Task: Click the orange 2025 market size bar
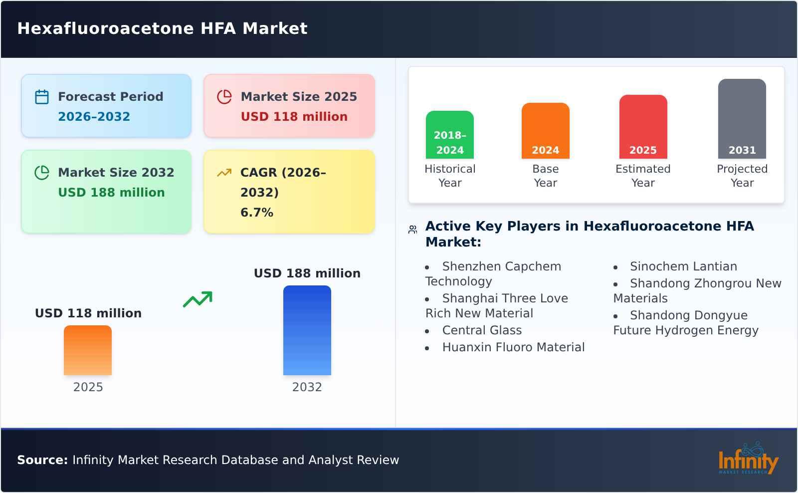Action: (x=88, y=350)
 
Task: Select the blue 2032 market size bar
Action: (x=307, y=330)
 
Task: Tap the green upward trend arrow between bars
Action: (x=198, y=299)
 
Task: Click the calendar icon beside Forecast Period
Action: (x=42, y=97)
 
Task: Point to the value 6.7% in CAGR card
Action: (x=256, y=213)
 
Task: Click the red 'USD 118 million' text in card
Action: (x=294, y=117)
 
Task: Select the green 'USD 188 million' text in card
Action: (x=111, y=193)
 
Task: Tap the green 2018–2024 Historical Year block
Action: (x=449, y=135)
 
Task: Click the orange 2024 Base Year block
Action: (x=545, y=131)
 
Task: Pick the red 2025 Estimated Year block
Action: (x=643, y=127)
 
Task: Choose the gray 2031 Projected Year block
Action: (x=742, y=119)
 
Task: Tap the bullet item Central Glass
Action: (x=482, y=330)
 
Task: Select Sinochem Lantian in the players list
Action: (x=683, y=266)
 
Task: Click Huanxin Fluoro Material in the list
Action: (x=513, y=347)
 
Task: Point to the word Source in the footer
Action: (x=42, y=460)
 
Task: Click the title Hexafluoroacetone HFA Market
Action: (x=162, y=28)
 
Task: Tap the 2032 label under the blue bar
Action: (x=307, y=387)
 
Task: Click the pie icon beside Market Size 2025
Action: (x=224, y=97)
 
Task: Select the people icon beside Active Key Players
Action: (x=412, y=230)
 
